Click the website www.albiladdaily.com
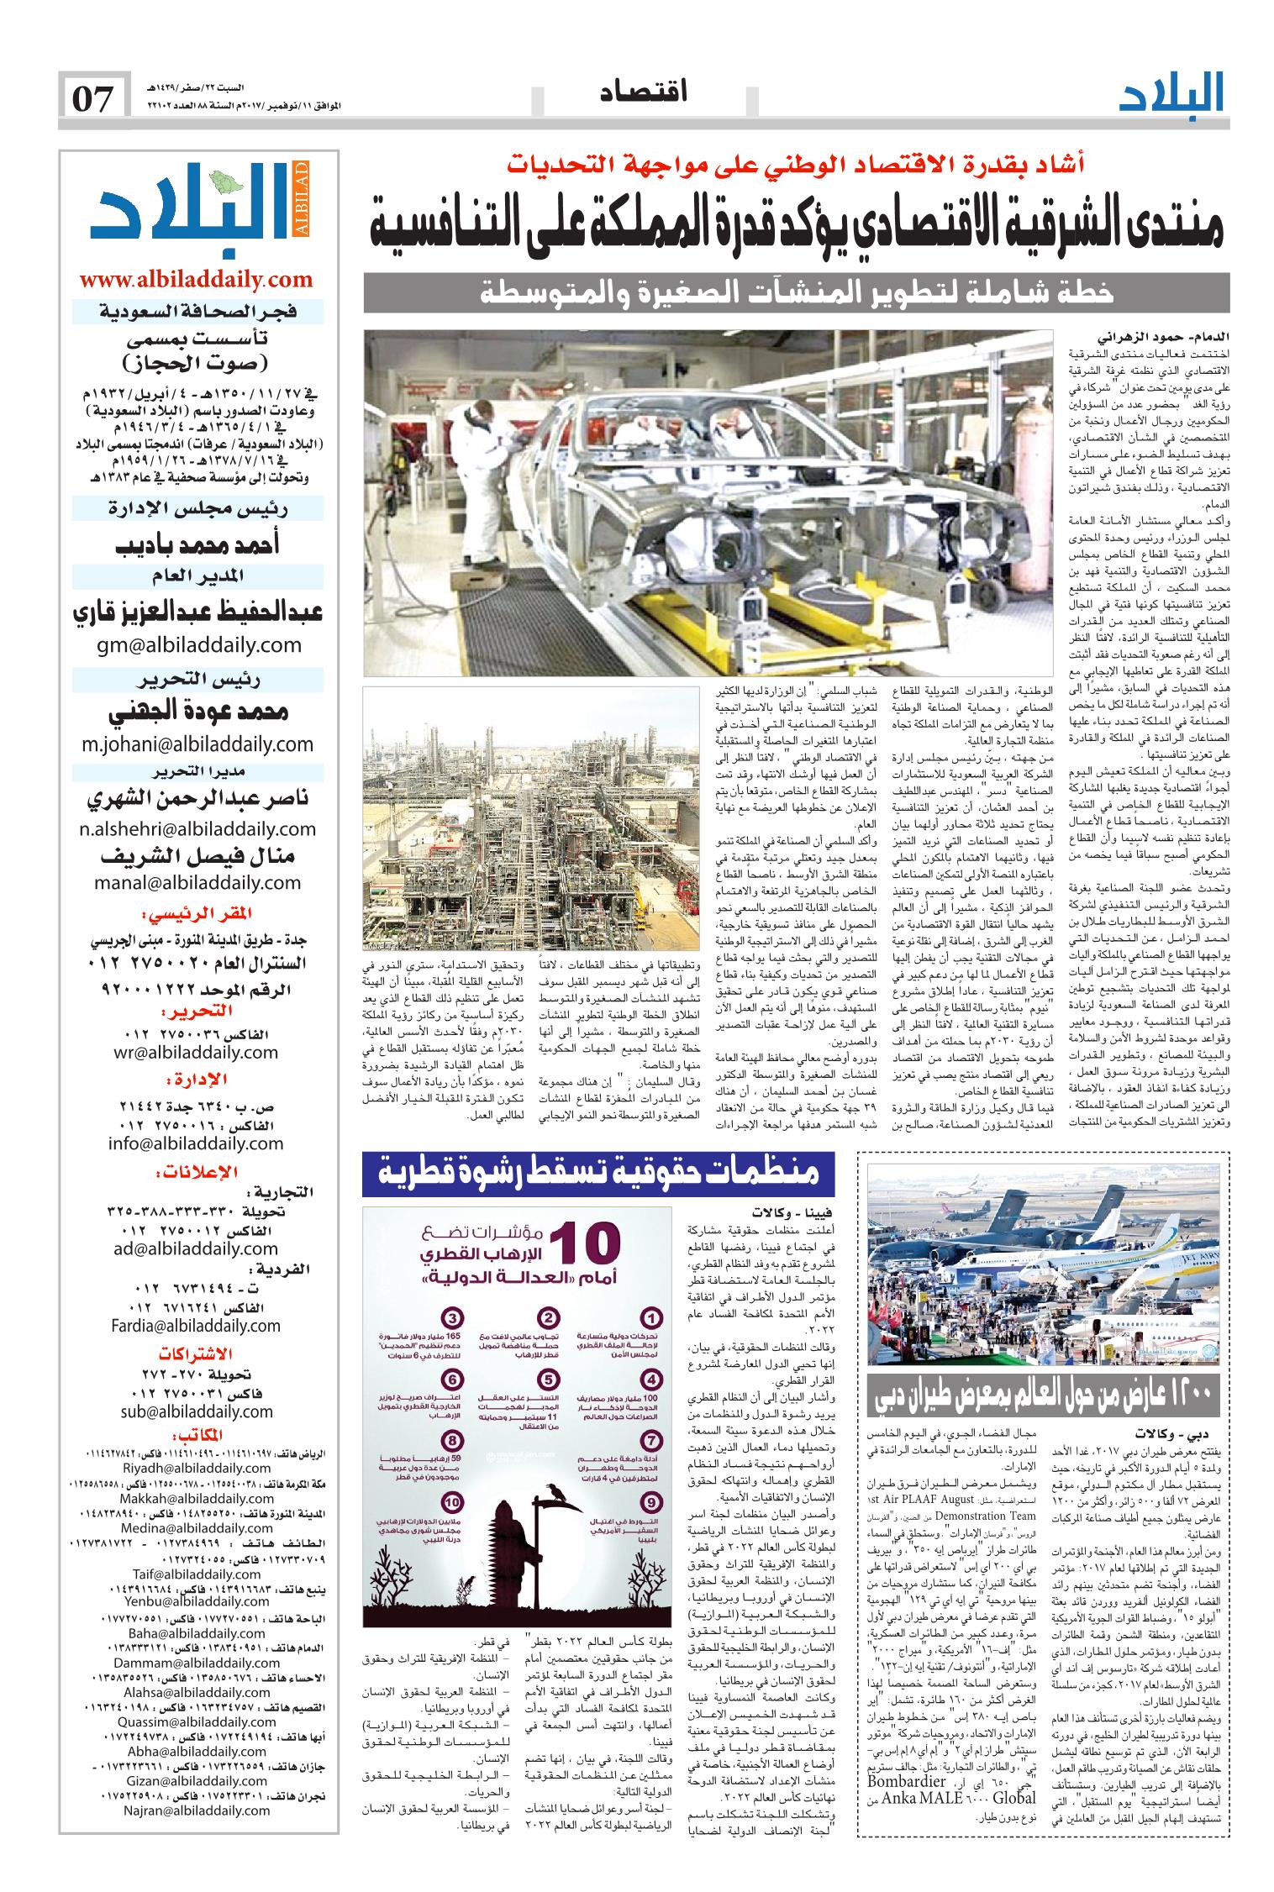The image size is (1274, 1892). point(197,280)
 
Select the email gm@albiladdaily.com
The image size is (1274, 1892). point(197,644)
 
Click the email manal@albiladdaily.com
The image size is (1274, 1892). point(197,882)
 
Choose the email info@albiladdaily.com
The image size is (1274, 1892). point(197,1143)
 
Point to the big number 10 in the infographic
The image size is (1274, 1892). point(590,1500)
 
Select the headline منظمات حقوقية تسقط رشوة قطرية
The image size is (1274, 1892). point(597,1427)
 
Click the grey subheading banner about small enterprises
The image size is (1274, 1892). point(796,295)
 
